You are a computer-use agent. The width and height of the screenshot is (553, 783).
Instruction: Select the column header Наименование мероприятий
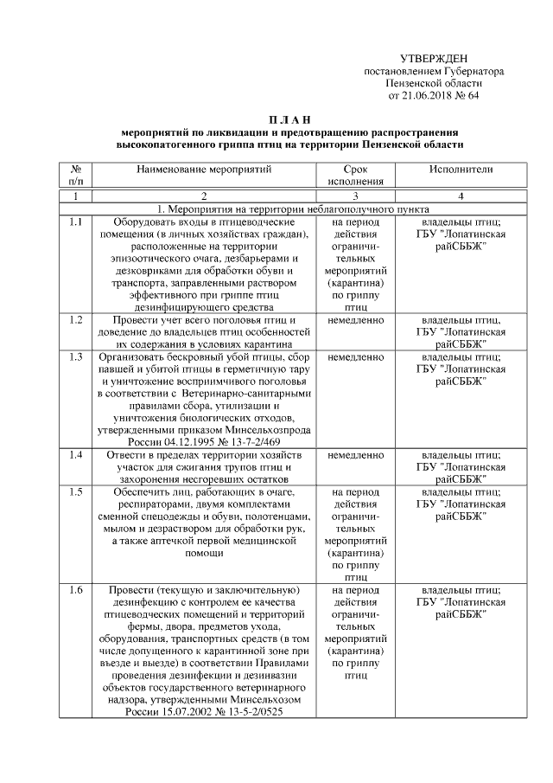(x=204, y=170)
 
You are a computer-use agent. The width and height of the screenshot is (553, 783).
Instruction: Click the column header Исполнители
(x=460, y=170)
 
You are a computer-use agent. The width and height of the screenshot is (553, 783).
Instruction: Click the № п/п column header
(x=75, y=176)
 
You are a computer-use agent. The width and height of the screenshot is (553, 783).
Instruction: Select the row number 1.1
(x=75, y=222)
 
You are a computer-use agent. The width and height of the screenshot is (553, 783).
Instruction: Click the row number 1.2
(x=75, y=320)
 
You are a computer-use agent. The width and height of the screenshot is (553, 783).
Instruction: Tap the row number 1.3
(x=75, y=356)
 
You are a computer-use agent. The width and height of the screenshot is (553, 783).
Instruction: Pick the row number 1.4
(x=75, y=454)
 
